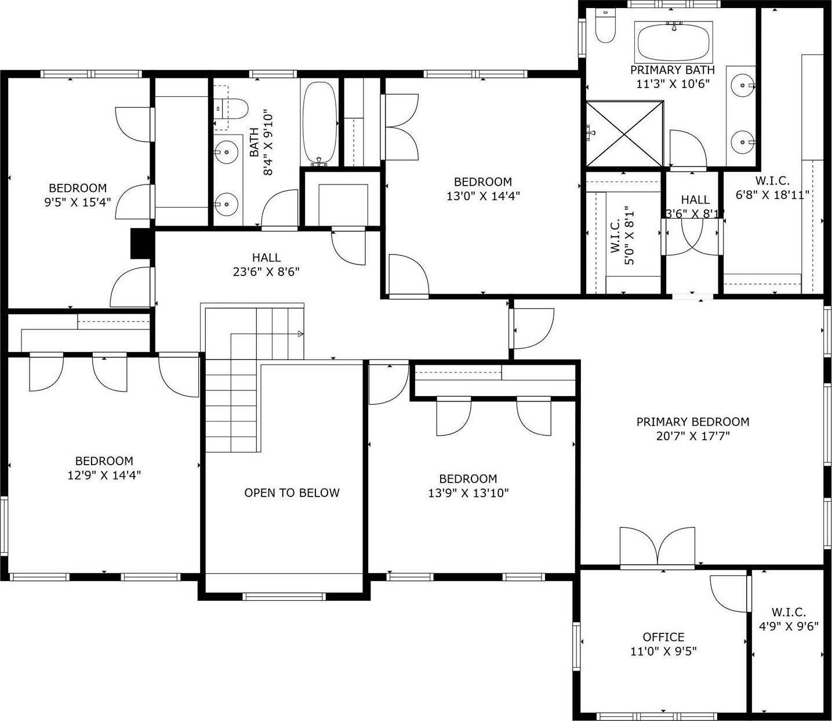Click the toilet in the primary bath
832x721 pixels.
(x=605, y=29)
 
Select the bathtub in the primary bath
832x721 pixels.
(x=673, y=42)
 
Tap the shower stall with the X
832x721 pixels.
(x=624, y=133)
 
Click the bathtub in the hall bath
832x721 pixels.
(x=319, y=122)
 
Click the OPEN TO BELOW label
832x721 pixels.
(x=292, y=493)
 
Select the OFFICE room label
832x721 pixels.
(x=663, y=637)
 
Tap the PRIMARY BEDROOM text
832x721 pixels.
(x=693, y=422)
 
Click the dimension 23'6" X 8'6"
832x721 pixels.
(x=266, y=271)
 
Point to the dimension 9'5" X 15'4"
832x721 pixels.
(x=78, y=202)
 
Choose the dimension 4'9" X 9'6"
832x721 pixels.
(x=789, y=626)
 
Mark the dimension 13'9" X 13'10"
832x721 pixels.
(x=468, y=493)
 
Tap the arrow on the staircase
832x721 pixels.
(x=300, y=334)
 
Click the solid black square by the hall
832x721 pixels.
(x=140, y=244)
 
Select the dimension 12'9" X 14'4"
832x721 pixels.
(x=104, y=475)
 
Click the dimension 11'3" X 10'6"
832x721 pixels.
(x=673, y=84)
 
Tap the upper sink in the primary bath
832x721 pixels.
(x=742, y=85)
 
